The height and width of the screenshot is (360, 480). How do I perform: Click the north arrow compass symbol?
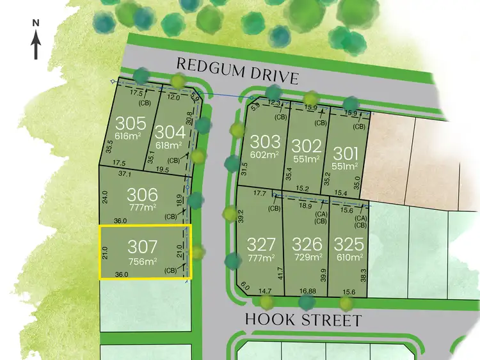[36, 40]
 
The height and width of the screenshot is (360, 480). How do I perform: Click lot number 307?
[142, 246]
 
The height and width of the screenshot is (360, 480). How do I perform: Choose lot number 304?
[171, 132]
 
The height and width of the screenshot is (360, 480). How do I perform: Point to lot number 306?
[142, 194]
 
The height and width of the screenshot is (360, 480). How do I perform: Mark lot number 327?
[261, 244]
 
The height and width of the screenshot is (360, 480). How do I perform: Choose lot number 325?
[349, 244]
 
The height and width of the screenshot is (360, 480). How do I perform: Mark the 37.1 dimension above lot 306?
[125, 173]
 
